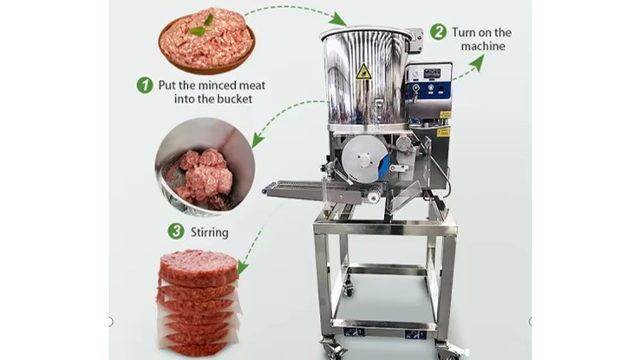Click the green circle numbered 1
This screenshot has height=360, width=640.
(145, 85)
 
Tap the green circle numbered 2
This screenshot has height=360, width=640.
(438, 32)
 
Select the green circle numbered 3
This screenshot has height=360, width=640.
(176, 232)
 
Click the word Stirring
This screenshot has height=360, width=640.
(210, 232)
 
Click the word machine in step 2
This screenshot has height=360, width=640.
(483, 46)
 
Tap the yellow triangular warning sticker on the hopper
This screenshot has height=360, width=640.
(362, 72)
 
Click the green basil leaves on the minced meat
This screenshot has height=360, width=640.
(202, 26)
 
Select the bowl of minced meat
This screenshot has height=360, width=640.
(207, 41)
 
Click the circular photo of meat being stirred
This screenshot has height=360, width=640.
(205, 167)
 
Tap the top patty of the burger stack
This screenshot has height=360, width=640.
(199, 266)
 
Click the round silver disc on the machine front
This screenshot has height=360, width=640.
(364, 159)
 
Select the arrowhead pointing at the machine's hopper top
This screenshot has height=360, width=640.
(338, 19)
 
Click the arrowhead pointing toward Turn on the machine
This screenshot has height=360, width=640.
(477, 62)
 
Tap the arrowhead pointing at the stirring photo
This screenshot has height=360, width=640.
(258, 139)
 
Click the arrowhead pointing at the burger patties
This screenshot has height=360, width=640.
(243, 268)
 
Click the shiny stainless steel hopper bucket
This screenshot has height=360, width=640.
(365, 76)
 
